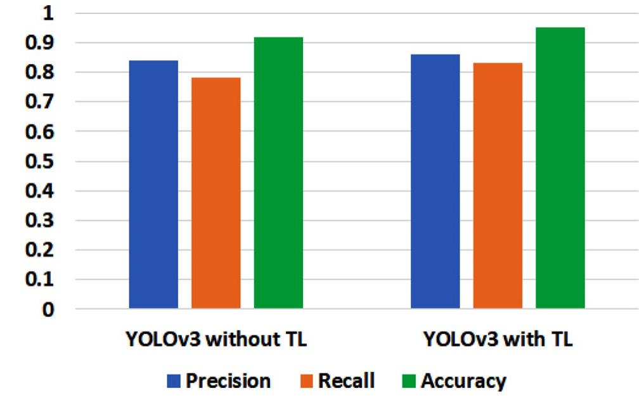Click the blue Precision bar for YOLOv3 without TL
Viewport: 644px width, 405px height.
pyautogui.click(x=153, y=184)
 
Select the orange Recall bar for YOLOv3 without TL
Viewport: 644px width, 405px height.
pyautogui.click(x=216, y=193)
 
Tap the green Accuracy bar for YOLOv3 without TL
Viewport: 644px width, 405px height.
pyautogui.click(x=278, y=173)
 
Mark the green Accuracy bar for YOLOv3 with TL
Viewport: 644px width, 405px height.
pyautogui.click(x=560, y=168)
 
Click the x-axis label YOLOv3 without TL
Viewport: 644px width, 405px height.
pyautogui.click(x=216, y=340)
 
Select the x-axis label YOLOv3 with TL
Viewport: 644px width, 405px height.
pyautogui.click(x=498, y=340)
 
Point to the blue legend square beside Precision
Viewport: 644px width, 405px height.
pyautogui.click(x=174, y=382)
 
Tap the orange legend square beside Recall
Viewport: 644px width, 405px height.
pyautogui.click(x=307, y=382)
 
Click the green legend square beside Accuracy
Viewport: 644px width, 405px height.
pyautogui.click(x=409, y=382)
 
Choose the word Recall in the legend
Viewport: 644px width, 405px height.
pyautogui.click(x=346, y=382)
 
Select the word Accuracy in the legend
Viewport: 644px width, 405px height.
pyautogui.click(x=463, y=382)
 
